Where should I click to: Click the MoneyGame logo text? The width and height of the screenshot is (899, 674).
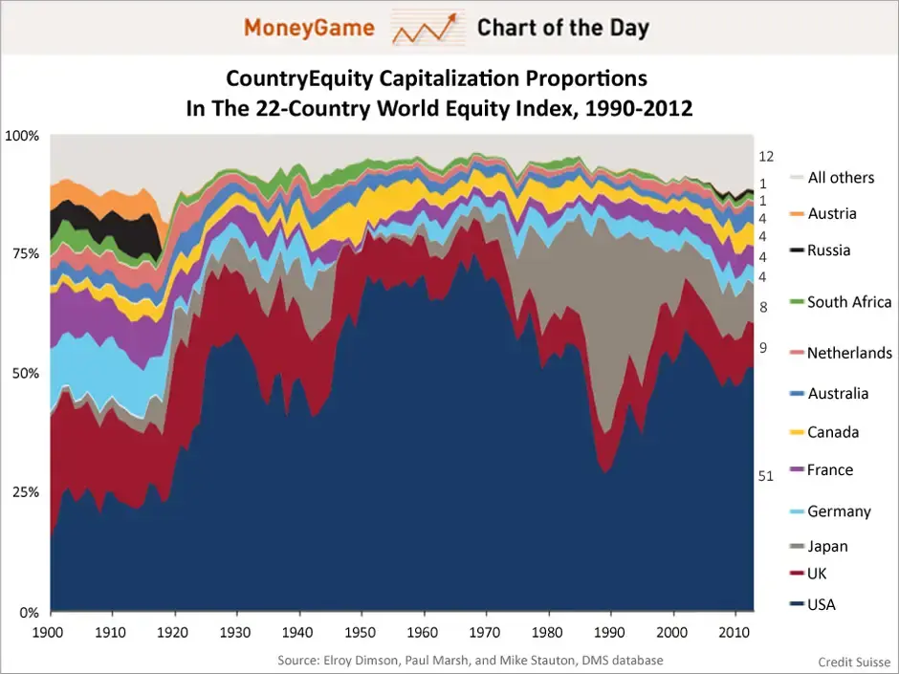coord(308,28)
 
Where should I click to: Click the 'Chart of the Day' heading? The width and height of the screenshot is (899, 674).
coord(562,28)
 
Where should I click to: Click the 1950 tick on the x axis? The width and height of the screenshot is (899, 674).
coord(362,631)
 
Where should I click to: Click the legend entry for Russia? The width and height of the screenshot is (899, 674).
coord(828,250)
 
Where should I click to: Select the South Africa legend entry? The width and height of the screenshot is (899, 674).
coord(848,302)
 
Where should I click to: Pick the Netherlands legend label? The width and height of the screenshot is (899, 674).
coord(848,353)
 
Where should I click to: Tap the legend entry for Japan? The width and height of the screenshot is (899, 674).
coord(826,546)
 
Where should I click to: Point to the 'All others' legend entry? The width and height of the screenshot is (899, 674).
coord(840,177)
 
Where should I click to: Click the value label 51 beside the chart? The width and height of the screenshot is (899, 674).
coord(765,475)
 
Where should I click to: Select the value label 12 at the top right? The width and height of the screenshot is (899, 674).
coord(765,156)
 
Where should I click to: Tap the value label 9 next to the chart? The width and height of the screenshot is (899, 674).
coord(763,348)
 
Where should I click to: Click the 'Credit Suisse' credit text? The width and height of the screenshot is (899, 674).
coord(854,662)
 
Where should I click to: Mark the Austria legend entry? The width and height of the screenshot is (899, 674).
coord(831,213)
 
